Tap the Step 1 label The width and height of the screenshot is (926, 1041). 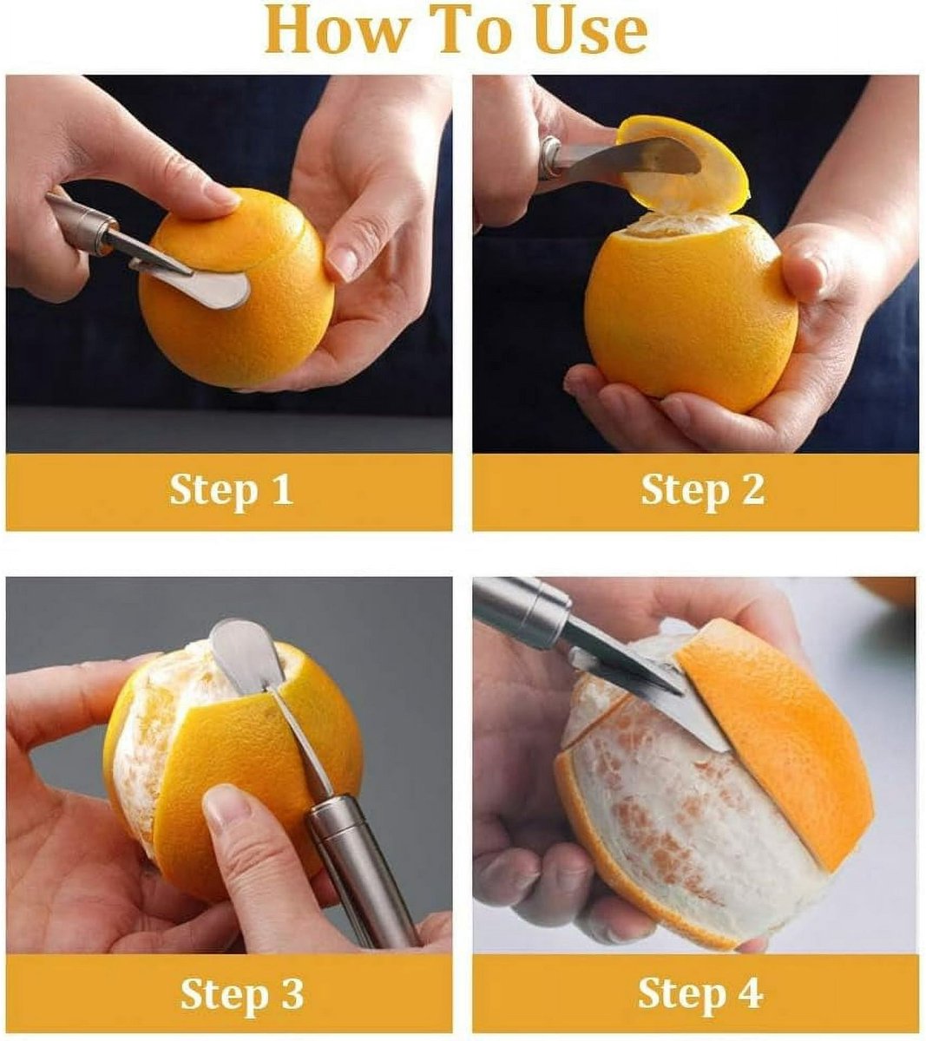[x=230, y=490]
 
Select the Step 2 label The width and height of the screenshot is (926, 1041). [x=702, y=490]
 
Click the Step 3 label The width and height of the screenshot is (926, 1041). [x=241, y=993]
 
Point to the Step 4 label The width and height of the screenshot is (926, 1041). [x=699, y=993]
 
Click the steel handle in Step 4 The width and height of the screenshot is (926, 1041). [x=521, y=607]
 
